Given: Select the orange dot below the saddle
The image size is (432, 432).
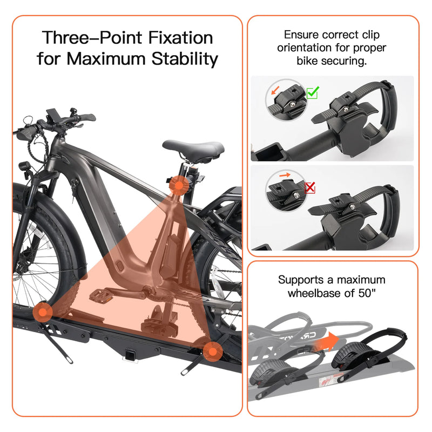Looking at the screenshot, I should (178, 185).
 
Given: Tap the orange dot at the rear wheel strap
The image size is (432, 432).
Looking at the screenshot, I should (214, 352).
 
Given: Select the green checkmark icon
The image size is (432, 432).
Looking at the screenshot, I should (312, 93).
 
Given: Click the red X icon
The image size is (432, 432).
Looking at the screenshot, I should (310, 187).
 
